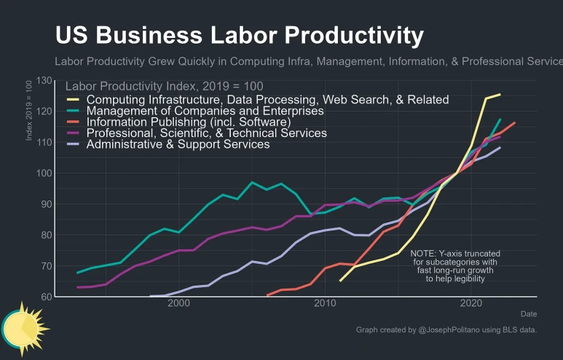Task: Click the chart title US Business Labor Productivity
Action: coord(239,35)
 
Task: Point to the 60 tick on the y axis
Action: coord(46,297)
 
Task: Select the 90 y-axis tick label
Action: coord(46,204)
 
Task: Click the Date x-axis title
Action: coord(529,314)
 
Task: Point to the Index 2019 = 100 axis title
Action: coord(29,110)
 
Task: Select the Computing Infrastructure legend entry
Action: coord(267,99)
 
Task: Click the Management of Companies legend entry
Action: coord(205,111)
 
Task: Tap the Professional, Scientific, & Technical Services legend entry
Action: coord(206,133)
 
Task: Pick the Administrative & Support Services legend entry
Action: coord(178,144)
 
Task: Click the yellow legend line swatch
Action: coord(73,100)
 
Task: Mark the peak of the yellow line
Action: coord(500,94)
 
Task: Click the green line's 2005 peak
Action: coord(252,182)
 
